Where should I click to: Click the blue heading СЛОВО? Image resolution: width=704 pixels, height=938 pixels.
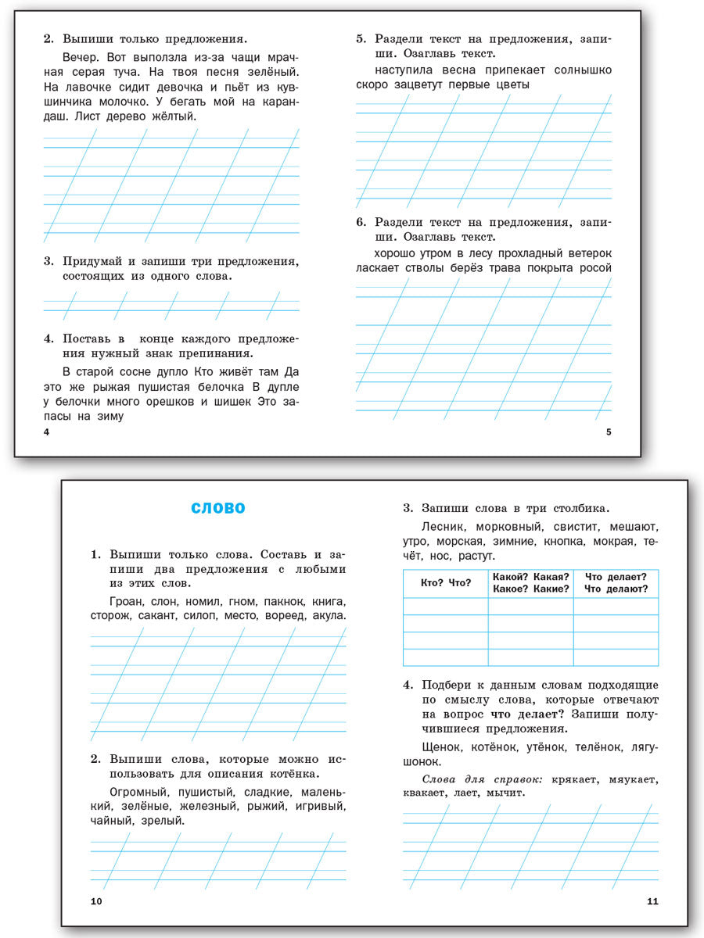(218, 509)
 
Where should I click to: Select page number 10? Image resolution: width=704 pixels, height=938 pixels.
(96, 901)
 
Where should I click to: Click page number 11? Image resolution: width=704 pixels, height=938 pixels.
(653, 901)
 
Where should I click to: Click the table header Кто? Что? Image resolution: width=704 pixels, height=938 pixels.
(445, 583)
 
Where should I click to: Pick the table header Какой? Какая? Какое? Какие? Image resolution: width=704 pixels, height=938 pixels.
(530, 583)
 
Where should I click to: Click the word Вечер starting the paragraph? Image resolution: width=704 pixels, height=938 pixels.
(80, 57)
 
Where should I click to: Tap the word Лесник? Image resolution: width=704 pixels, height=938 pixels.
(444, 527)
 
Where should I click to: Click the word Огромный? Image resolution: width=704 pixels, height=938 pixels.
(135, 792)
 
